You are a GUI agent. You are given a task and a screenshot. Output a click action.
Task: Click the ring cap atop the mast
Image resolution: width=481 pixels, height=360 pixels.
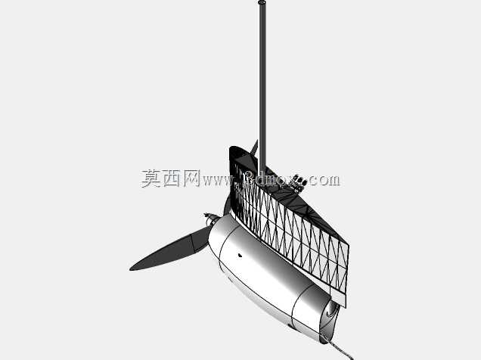(262, 2)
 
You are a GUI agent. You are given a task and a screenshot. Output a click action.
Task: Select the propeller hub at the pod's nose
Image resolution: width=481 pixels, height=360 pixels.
(211, 219)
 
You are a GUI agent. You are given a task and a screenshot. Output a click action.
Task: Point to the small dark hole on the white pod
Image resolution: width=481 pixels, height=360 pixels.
(240, 255)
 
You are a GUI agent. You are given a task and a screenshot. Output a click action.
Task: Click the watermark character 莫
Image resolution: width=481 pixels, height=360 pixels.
(151, 178)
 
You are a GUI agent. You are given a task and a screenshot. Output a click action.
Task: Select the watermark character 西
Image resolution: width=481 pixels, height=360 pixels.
(171, 178)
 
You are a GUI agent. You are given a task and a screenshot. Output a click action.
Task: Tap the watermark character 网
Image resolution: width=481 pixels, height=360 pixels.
(191, 178)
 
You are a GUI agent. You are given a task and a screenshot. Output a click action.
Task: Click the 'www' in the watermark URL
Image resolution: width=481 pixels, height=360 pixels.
(217, 181)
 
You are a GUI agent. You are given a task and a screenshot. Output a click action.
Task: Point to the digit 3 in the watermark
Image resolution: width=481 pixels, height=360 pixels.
(250, 180)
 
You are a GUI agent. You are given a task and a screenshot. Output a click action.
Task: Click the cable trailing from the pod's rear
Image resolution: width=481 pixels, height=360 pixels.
(337, 349)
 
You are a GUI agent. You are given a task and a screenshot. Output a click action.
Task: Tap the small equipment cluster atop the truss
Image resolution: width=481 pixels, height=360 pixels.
(299, 183)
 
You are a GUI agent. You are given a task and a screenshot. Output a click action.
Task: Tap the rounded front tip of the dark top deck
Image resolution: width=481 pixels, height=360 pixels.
(233, 150)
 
